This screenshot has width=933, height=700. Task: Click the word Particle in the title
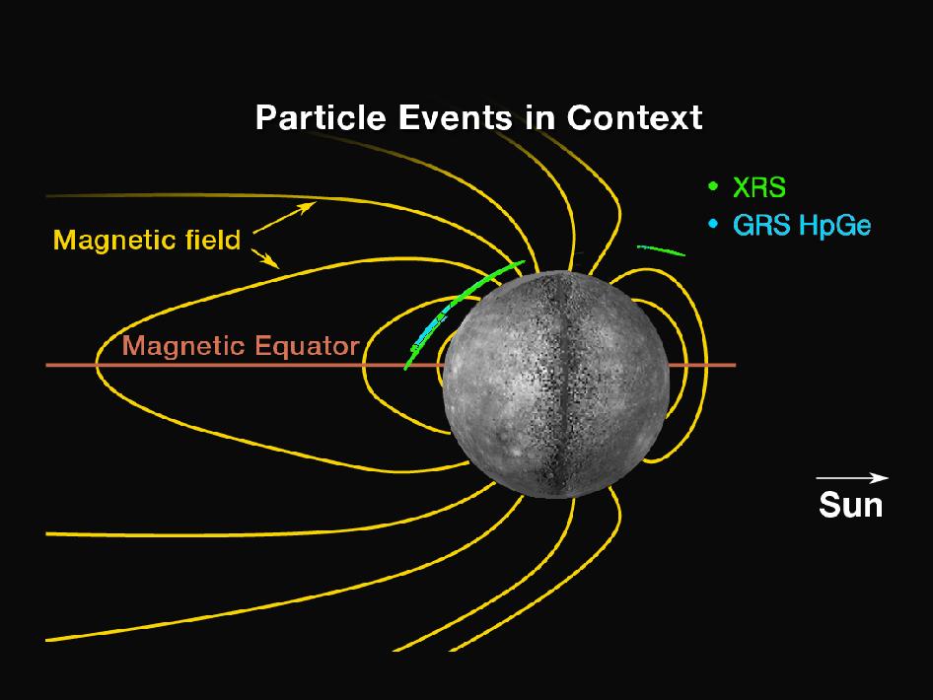click(321, 117)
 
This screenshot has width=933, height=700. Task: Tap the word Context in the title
click(634, 117)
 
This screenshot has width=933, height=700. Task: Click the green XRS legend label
click(759, 187)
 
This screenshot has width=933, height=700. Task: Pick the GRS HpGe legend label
click(802, 226)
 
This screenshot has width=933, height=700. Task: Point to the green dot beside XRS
click(713, 186)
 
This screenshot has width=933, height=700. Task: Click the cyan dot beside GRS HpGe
click(713, 224)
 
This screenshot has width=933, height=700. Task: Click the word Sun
click(850, 505)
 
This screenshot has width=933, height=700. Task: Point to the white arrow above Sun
click(852, 477)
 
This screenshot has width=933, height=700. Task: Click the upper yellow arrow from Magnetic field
click(284, 217)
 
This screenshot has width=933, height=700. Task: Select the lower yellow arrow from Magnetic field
click(265, 258)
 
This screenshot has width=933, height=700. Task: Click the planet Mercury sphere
click(556, 385)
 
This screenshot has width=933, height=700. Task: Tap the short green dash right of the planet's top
click(661, 250)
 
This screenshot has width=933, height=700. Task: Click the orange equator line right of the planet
click(703, 365)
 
